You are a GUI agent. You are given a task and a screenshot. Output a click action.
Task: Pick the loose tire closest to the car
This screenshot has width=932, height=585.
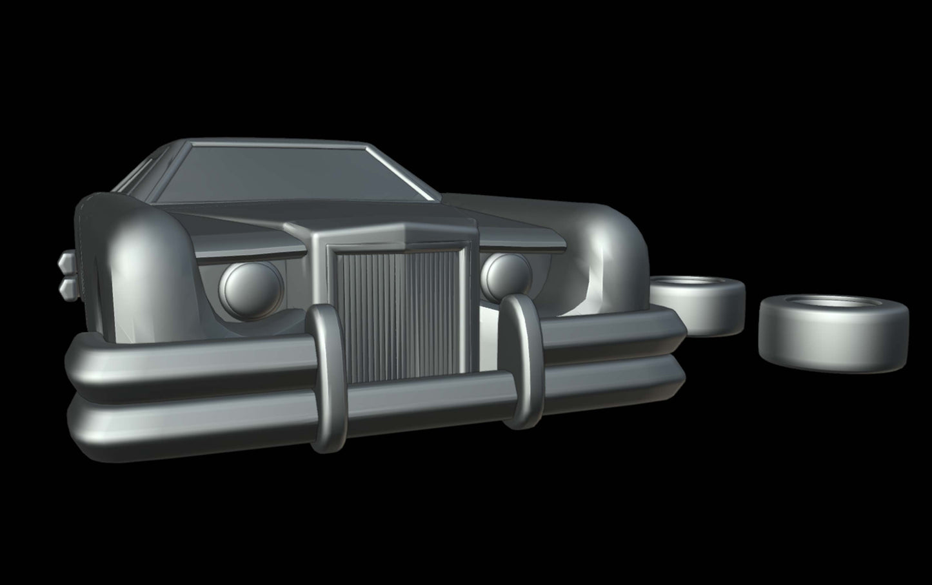coord(697,303)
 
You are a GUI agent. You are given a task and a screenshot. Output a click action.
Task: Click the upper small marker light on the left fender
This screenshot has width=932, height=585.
coord(67,262)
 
